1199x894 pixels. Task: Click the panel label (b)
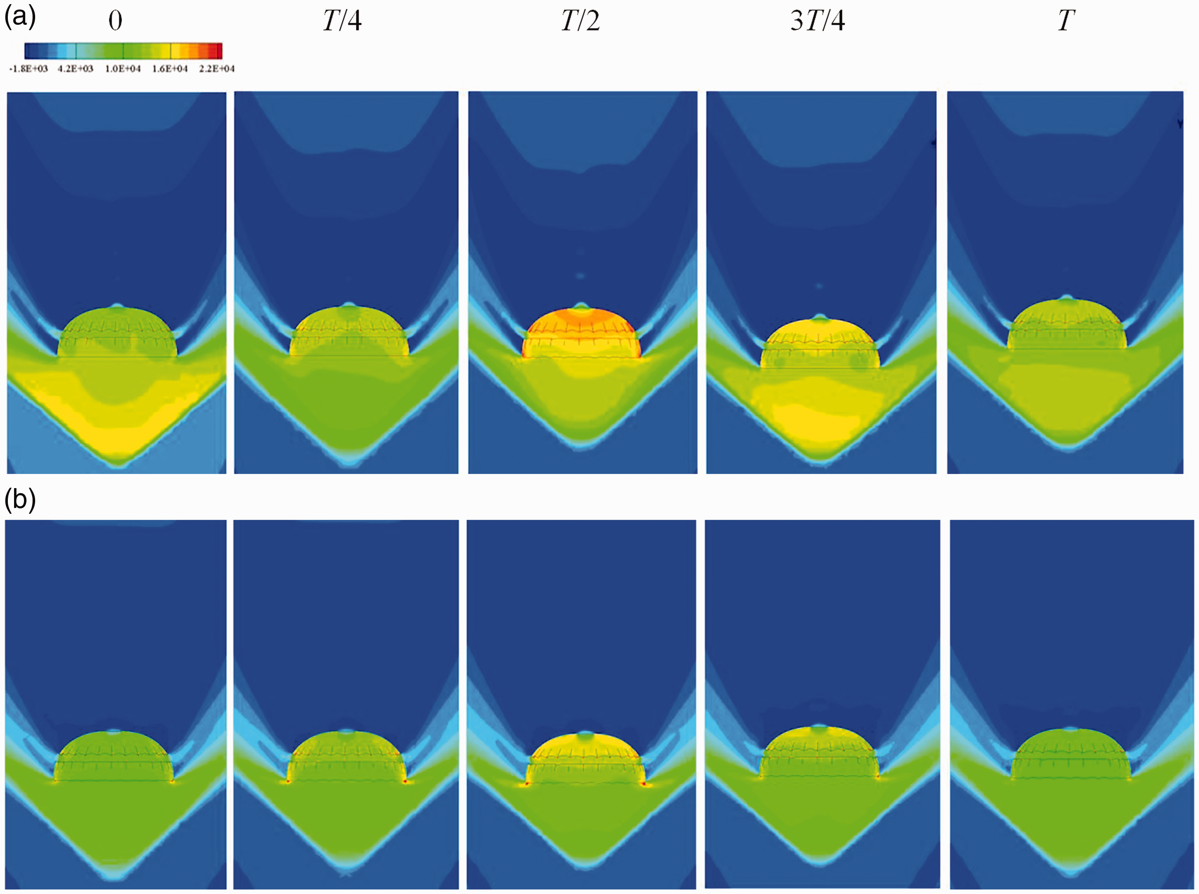(x=20, y=500)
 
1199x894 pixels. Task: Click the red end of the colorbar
(x=219, y=51)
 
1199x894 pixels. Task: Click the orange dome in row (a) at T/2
(x=581, y=333)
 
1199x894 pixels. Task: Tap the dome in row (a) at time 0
(x=117, y=333)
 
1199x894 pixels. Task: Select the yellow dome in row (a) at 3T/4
(x=820, y=343)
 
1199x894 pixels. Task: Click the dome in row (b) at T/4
(x=346, y=758)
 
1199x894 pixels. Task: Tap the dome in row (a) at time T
(x=1066, y=325)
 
